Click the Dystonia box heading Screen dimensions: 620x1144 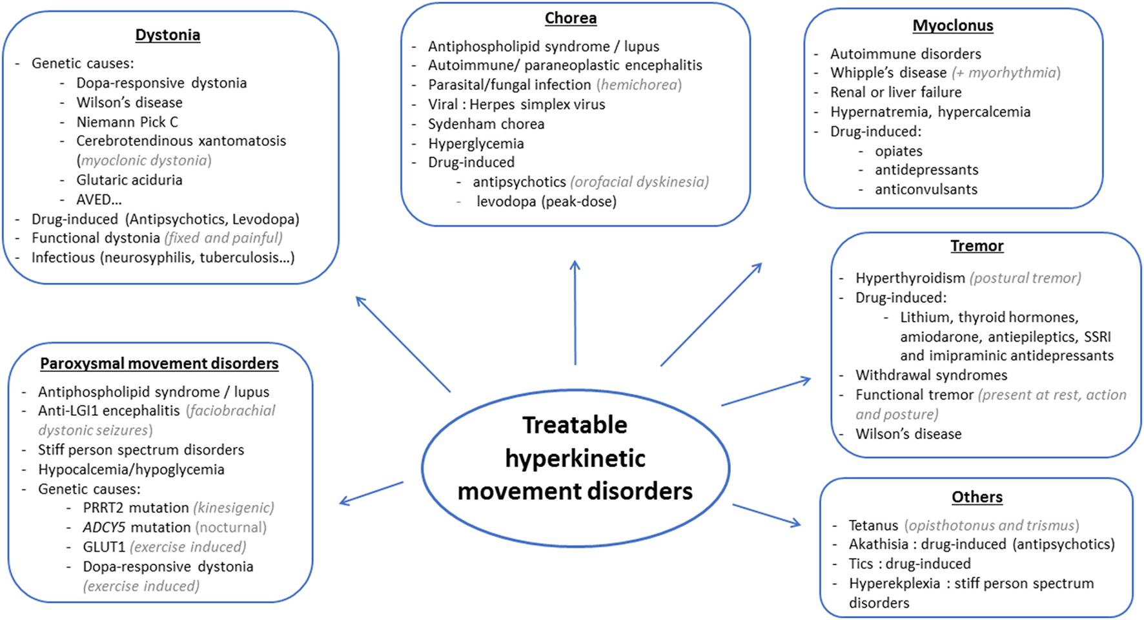[167, 35]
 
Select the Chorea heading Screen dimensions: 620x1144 [570, 18]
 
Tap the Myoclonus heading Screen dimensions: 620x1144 [952, 26]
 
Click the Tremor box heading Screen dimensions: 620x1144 [976, 246]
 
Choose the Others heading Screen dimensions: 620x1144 [977, 497]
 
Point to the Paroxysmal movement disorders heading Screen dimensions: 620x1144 [159, 364]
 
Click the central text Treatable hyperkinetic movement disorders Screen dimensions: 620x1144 [575, 458]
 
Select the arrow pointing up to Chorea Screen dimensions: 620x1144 [575, 313]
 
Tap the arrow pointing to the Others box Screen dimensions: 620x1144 [766, 515]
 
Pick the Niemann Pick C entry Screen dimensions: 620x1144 [127, 122]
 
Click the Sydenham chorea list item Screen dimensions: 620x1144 [485, 124]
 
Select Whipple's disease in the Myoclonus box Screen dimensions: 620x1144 [888, 73]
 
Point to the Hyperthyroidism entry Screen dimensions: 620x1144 [910, 278]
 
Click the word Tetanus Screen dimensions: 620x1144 [873, 526]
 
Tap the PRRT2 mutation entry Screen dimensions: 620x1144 [136, 508]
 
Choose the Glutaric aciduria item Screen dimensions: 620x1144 [129, 180]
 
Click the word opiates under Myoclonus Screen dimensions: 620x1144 [898, 151]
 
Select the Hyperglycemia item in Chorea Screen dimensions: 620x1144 [476, 143]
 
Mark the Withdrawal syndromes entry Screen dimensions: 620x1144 [931, 375]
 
